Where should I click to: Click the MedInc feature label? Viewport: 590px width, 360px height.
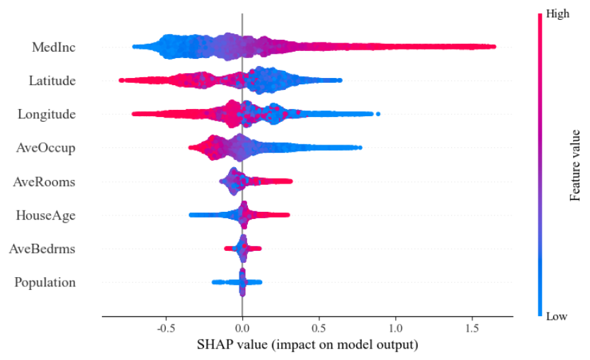(x=53, y=47)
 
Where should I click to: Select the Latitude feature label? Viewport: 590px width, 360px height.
(x=52, y=81)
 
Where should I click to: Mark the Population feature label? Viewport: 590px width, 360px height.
(x=45, y=282)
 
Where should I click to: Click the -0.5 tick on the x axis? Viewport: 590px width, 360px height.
(x=165, y=329)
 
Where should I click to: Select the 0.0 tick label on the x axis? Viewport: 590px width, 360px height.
(x=242, y=329)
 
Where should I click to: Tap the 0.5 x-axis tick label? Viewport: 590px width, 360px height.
(x=319, y=329)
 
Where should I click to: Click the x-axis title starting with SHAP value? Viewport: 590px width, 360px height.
(x=307, y=345)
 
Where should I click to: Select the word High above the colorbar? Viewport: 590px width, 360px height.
(x=557, y=13)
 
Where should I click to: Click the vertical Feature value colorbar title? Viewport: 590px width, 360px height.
(x=576, y=164)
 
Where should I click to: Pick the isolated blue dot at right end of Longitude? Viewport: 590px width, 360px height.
(x=378, y=113)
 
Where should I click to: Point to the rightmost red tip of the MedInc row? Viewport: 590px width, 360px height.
(x=493, y=47)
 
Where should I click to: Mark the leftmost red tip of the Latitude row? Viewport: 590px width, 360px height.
(x=121, y=80)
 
